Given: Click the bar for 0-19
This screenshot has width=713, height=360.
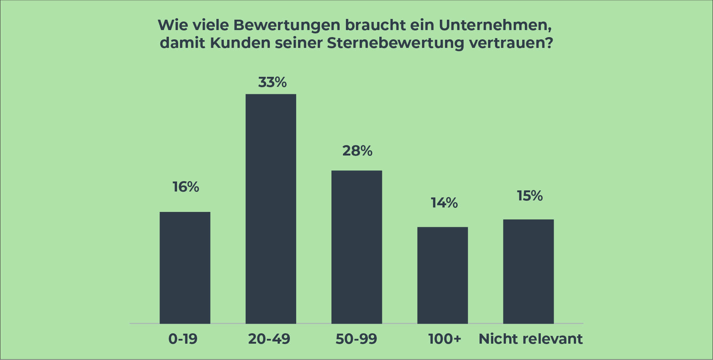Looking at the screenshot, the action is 185,268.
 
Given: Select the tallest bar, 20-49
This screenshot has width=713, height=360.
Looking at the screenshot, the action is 271,209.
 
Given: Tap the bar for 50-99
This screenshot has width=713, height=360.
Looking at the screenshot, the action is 357,247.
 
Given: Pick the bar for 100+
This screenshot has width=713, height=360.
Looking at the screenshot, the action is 442,275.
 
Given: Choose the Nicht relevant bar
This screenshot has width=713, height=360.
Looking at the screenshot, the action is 529,271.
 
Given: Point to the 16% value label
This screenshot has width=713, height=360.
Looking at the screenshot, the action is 186,187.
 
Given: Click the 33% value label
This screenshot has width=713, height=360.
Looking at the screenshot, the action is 272,82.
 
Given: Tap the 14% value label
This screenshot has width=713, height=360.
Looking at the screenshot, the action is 444,203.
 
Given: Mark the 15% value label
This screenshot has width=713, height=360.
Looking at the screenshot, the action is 530,196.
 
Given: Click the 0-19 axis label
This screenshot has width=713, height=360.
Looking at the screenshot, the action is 183,339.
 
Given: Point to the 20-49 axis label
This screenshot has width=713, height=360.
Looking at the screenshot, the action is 269,339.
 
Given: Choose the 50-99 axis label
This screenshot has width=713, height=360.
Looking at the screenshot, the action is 356,339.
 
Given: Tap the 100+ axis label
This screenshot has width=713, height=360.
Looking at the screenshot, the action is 445,339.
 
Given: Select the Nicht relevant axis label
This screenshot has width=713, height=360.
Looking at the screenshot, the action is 531,339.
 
